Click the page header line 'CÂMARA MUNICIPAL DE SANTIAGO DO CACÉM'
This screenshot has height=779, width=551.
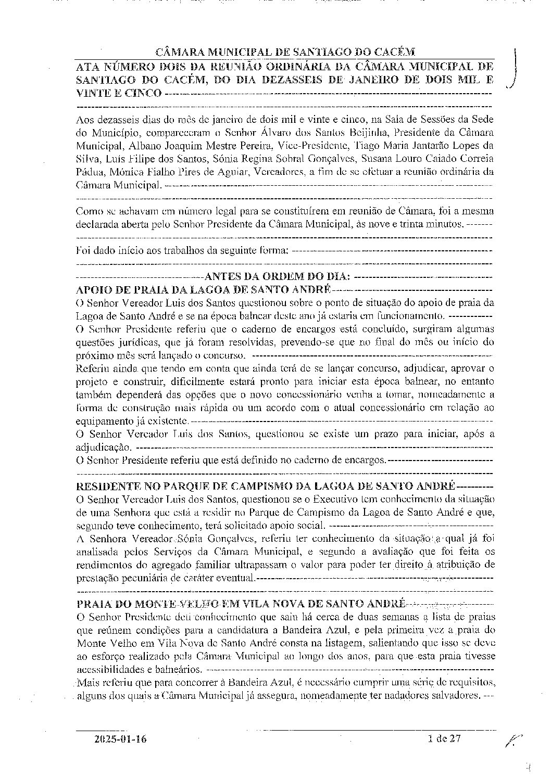point(286,52)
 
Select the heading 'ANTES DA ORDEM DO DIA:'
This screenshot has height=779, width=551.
point(278,276)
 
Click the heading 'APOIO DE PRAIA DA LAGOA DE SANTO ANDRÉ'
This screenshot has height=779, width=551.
point(204,289)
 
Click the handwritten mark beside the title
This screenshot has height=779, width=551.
point(514,68)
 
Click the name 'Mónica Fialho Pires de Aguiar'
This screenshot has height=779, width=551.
point(164,172)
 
